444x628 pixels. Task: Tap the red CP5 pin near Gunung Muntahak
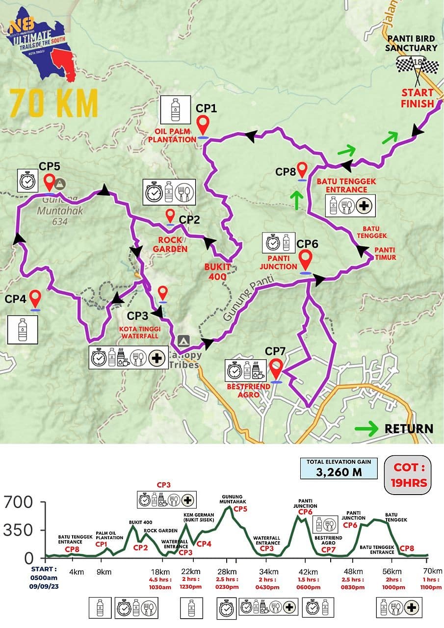49,183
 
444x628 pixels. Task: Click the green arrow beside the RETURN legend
366,428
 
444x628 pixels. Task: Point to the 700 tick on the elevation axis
18,502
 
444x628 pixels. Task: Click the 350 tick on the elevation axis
18,530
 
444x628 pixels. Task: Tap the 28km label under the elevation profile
227,572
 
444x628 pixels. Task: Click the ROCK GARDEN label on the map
170,244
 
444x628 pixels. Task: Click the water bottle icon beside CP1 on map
175,109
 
